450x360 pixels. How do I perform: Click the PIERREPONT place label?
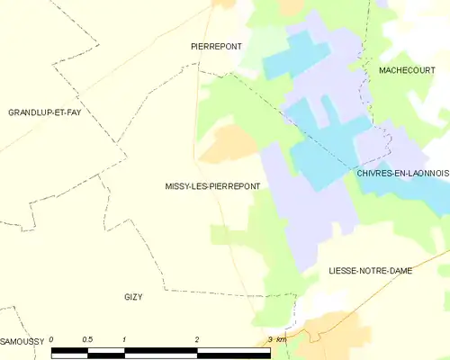(217, 45)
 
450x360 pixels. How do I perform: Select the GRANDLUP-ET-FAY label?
(45, 112)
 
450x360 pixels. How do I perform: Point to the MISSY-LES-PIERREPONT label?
(212, 187)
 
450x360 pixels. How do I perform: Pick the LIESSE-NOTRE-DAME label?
(370, 270)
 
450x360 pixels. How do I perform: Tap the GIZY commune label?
(133, 296)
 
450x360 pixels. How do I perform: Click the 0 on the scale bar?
(52, 339)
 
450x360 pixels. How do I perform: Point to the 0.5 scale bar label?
(87, 339)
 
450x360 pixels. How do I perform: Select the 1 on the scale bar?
(123, 339)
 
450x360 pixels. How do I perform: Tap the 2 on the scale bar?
(196, 339)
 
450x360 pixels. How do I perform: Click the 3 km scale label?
(276, 339)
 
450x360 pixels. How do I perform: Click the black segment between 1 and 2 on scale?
(160, 353)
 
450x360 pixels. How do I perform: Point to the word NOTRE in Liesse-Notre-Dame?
(370, 270)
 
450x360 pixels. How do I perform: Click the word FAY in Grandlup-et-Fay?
(73, 112)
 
